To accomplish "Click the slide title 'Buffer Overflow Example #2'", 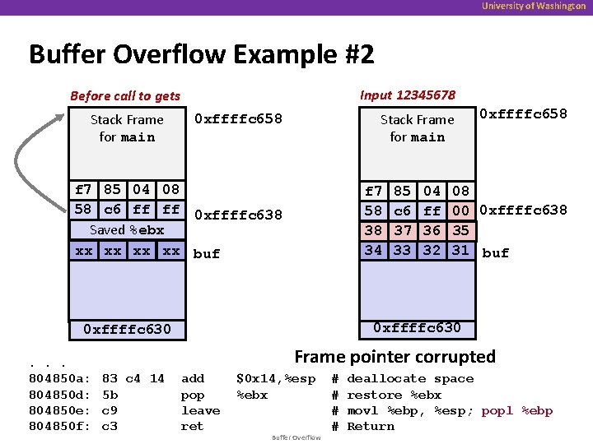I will pyautogui.click(x=202, y=55).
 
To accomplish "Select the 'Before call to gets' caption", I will pyautogui.click(x=125, y=96).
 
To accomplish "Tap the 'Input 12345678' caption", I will pyautogui.click(x=408, y=95).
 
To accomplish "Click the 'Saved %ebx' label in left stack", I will pyautogui.click(x=127, y=230).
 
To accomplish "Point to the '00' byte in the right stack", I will pyautogui.click(x=461, y=210).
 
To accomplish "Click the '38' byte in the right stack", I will pyautogui.click(x=374, y=230).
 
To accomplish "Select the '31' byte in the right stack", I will pyautogui.click(x=461, y=250).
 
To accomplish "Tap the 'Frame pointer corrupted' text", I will pyautogui.click(x=395, y=356).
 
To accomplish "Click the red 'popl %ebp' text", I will pyautogui.click(x=517, y=410).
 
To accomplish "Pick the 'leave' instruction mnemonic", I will pyautogui.click(x=200, y=410).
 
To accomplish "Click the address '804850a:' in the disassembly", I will pyautogui.click(x=59, y=379).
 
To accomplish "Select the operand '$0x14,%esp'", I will pyautogui.click(x=275, y=379).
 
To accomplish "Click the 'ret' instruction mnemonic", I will pyautogui.click(x=193, y=426).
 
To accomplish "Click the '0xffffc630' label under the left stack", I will pyautogui.click(x=127, y=330).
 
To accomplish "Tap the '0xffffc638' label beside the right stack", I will pyautogui.click(x=523, y=210).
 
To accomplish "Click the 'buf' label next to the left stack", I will pyautogui.click(x=206, y=253).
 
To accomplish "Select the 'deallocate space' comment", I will pyautogui.click(x=410, y=379).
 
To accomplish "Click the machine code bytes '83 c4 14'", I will pyautogui.click(x=133, y=379).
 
